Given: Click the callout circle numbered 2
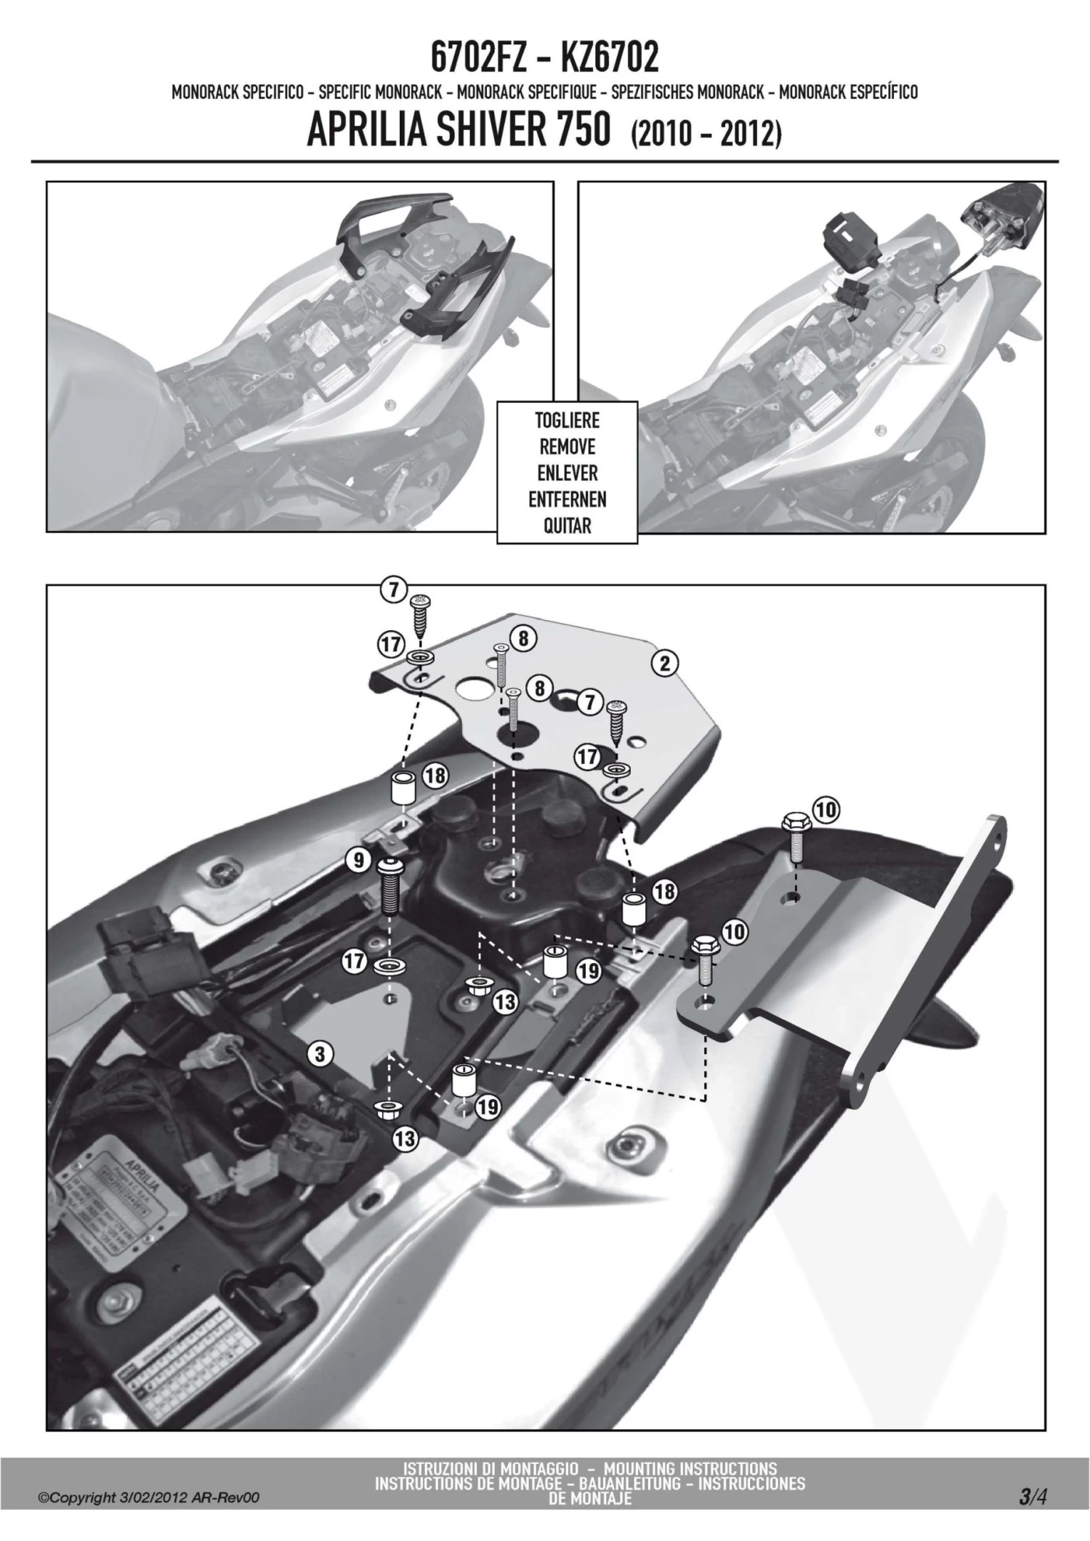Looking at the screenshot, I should pyautogui.click(x=665, y=663).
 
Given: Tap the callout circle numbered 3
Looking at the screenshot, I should pyautogui.click(x=320, y=1053).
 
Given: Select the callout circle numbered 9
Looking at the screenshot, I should pyautogui.click(x=358, y=861).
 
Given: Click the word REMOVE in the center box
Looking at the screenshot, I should pyautogui.click(x=567, y=446).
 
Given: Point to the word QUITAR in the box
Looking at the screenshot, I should pyautogui.click(x=567, y=526).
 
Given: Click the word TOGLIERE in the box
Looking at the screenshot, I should pyautogui.click(x=567, y=420).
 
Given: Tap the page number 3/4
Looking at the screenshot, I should pyautogui.click(x=1032, y=1499).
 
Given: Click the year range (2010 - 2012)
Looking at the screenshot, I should pyautogui.click(x=706, y=134).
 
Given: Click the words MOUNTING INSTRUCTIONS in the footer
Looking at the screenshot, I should pyautogui.click(x=690, y=1468).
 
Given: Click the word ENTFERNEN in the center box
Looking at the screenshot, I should pyautogui.click(x=567, y=499).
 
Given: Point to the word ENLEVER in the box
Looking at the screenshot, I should pyautogui.click(x=567, y=473).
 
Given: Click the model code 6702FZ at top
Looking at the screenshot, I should pyautogui.click(x=477, y=58).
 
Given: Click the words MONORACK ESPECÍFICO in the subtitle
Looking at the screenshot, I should pyautogui.click(x=848, y=92).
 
